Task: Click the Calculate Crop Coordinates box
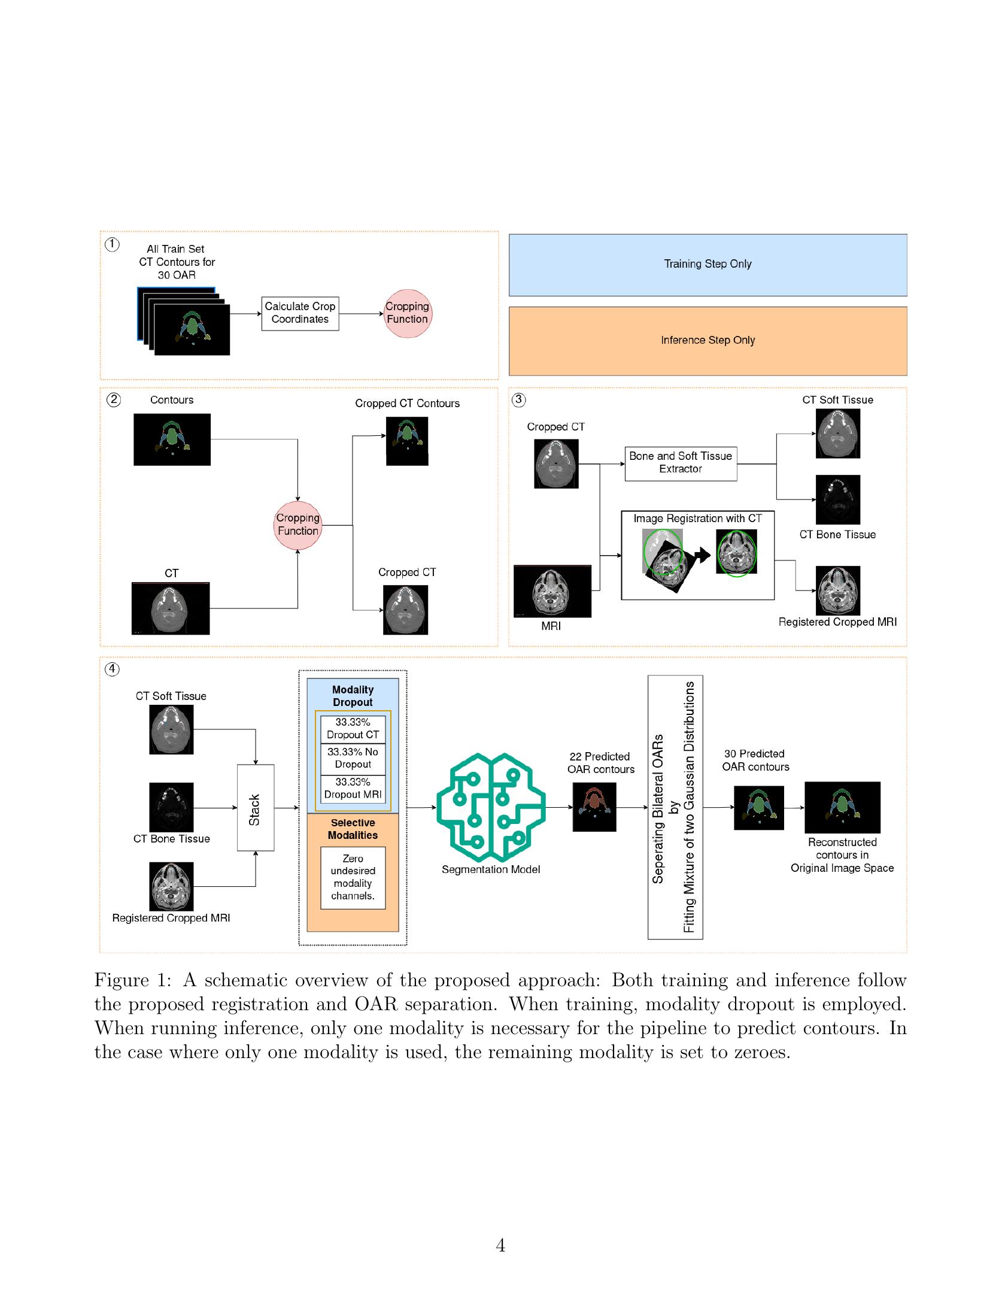coord(300,313)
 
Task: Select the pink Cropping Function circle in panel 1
coord(407,313)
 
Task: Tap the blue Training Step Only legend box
coord(708,265)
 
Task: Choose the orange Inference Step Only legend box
coord(708,341)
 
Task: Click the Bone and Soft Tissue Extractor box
coord(681,463)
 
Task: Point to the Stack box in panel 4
coord(256,807)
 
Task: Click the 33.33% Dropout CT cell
coord(353,729)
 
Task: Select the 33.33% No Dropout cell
coord(353,759)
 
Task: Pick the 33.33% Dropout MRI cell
coord(353,789)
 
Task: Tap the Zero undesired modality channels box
coord(353,877)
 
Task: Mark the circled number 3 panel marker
coord(519,399)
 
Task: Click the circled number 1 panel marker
coord(112,244)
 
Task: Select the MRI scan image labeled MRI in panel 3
coord(552,591)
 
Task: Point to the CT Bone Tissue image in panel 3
coord(837,500)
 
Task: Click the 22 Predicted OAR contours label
coord(600,763)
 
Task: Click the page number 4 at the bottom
coord(500,1246)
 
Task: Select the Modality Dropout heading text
coord(353,696)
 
